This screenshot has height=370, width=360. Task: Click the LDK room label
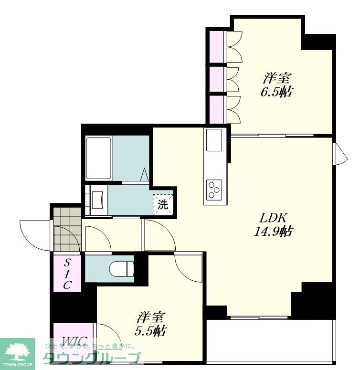coord(273,218)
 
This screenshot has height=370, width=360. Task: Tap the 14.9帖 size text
coord(274,232)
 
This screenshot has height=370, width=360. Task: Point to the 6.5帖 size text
coord(277,92)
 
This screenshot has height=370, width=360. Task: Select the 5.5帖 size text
coord(150,331)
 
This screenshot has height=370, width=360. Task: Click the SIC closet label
coord(67,274)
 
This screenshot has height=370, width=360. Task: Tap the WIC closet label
coord(74,341)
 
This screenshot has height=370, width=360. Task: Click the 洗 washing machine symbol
coord(163,204)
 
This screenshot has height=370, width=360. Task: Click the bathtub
coord(98,158)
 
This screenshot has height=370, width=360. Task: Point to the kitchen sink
coord(214,140)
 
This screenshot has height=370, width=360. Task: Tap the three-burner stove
coord(214,189)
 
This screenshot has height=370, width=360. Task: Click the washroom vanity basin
coord(97,200)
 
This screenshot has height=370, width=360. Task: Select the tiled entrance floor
coord(67,229)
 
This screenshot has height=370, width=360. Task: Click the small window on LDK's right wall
coord(340,154)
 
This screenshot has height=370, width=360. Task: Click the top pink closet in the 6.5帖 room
coord(217,47)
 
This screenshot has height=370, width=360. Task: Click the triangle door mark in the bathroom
coord(145,175)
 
